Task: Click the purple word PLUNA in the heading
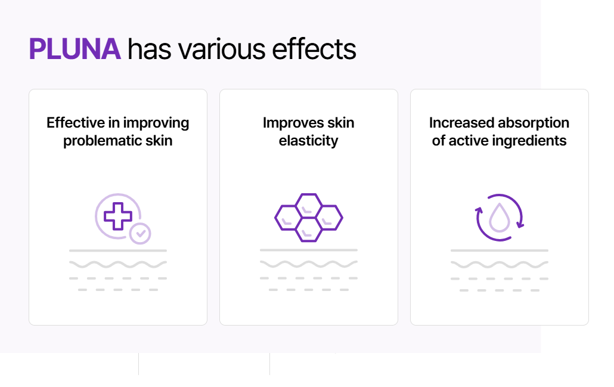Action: click(75, 49)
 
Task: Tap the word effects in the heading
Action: click(314, 49)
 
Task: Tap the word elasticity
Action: click(309, 141)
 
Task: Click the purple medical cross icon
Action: click(118, 216)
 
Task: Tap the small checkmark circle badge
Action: click(140, 234)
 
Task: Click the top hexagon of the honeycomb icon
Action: click(309, 206)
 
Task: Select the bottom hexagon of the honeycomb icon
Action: click(309, 230)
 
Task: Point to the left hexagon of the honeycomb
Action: click(288, 218)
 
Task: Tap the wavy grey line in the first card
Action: click(118, 264)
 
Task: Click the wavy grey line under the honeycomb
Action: click(309, 264)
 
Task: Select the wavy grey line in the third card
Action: click(500, 264)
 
